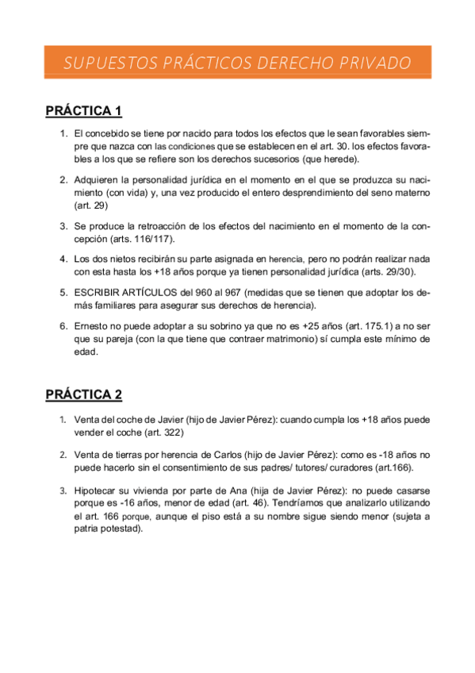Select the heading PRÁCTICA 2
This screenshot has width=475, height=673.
[83, 394]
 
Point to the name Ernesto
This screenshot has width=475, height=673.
[94, 325]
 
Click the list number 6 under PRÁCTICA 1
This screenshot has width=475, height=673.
[63, 325]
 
